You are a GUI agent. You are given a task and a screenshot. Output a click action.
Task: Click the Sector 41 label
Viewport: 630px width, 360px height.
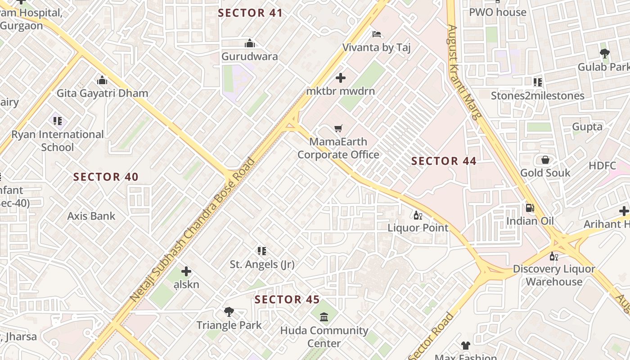(250, 13)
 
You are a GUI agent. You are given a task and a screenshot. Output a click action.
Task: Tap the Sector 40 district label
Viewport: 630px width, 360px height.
(106, 177)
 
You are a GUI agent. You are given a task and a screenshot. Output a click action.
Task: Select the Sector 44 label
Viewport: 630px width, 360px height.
(444, 161)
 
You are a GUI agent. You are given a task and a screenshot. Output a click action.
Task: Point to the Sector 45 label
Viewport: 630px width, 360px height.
(287, 300)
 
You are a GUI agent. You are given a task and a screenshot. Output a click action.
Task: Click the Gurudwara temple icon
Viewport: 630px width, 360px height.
(250, 44)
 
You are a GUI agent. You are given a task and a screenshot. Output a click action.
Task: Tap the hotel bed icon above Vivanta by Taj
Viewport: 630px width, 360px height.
(377, 34)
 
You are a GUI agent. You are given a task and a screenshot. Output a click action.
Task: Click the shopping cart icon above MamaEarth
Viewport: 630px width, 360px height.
(338, 129)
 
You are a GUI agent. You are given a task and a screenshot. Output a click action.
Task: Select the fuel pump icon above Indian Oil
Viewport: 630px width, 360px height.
(530, 208)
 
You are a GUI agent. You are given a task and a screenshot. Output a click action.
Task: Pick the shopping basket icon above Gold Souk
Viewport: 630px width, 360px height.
(545, 160)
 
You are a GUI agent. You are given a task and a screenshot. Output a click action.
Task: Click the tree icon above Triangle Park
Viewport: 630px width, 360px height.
(229, 311)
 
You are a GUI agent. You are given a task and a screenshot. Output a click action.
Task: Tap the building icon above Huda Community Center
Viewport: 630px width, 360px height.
(324, 317)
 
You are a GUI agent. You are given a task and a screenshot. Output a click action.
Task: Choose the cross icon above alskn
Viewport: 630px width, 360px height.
(186, 271)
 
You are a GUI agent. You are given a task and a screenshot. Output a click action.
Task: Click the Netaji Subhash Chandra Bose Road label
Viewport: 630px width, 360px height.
(193, 229)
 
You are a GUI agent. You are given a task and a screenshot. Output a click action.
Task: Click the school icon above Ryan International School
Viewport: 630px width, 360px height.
(58, 121)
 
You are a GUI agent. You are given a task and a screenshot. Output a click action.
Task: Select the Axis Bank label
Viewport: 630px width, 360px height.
(91, 216)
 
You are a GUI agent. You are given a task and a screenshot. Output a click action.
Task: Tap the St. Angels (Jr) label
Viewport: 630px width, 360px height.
(262, 264)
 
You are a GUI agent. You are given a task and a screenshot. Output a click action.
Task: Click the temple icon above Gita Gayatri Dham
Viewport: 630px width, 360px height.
(102, 80)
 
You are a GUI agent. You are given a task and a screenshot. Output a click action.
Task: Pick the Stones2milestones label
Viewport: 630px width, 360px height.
(537, 95)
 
